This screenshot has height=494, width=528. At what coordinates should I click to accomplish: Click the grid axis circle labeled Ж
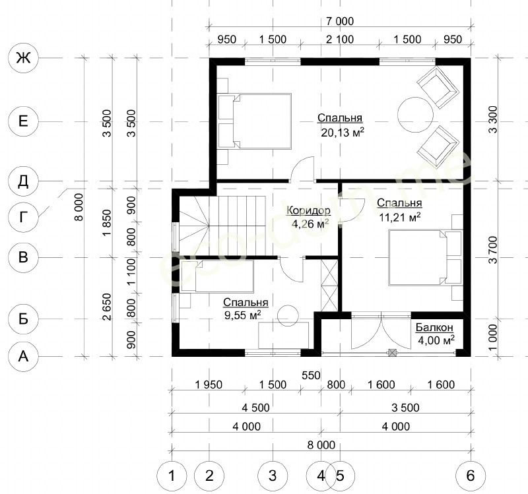coord(23,58)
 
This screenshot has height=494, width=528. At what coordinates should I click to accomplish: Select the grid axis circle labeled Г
coord(23,217)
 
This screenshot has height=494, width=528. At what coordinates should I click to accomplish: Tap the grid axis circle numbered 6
coord(471,476)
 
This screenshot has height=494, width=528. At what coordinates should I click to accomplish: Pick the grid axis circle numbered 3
coord(273,476)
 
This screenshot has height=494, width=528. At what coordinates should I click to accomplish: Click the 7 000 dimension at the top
coord(340,21)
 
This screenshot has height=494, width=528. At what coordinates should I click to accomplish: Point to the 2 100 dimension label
coord(340,40)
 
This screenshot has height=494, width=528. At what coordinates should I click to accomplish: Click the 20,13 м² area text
coord(343,133)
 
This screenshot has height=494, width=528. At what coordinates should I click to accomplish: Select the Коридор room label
coord(308,210)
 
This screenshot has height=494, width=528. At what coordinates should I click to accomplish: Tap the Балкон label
coord(434,327)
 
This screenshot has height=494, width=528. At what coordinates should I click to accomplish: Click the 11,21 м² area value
coord(400,217)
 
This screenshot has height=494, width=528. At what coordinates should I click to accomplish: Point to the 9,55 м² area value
coord(243,315)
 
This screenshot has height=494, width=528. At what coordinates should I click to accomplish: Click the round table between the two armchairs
coord(415,115)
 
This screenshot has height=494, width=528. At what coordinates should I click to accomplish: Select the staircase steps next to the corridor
coord(222,226)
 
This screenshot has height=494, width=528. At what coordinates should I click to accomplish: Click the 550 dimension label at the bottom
coord(311,375)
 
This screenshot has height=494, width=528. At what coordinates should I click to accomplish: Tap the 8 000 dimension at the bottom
coord(321,445)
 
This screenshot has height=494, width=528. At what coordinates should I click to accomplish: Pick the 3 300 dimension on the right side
coord(492,119)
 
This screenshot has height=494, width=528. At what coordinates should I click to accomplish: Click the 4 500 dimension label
coord(255,408)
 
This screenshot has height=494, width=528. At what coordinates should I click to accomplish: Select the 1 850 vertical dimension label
coord(107,223)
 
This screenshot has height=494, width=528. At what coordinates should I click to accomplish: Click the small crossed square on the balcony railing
coord(392,353)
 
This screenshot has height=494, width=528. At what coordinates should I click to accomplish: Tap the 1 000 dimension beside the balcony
coord(492,338)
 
